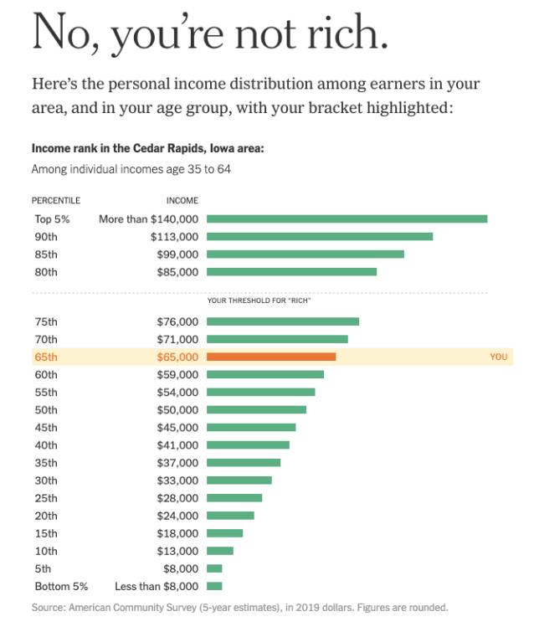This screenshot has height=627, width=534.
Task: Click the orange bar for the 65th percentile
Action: [x=270, y=357]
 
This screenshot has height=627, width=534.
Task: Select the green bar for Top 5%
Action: [x=347, y=218]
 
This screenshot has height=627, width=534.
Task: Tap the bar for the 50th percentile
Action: [x=256, y=409]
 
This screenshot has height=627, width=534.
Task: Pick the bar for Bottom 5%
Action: [x=214, y=586]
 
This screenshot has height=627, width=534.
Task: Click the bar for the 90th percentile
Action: [x=319, y=236]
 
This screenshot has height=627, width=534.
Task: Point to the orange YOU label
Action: [x=498, y=357]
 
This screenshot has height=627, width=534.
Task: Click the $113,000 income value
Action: [x=174, y=237]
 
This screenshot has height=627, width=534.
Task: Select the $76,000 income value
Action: [x=177, y=321]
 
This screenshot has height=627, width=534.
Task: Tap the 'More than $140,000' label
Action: [x=148, y=219]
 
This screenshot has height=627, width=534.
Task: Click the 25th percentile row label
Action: [x=46, y=498]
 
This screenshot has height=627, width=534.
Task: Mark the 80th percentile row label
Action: [x=46, y=272]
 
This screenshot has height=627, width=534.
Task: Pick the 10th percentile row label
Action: [x=46, y=551]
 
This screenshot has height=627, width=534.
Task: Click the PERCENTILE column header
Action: [x=56, y=201]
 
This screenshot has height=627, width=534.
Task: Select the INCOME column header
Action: [x=182, y=201]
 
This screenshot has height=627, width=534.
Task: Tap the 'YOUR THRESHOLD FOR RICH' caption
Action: [x=259, y=300]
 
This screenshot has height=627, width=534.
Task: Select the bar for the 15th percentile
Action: [x=224, y=533]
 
